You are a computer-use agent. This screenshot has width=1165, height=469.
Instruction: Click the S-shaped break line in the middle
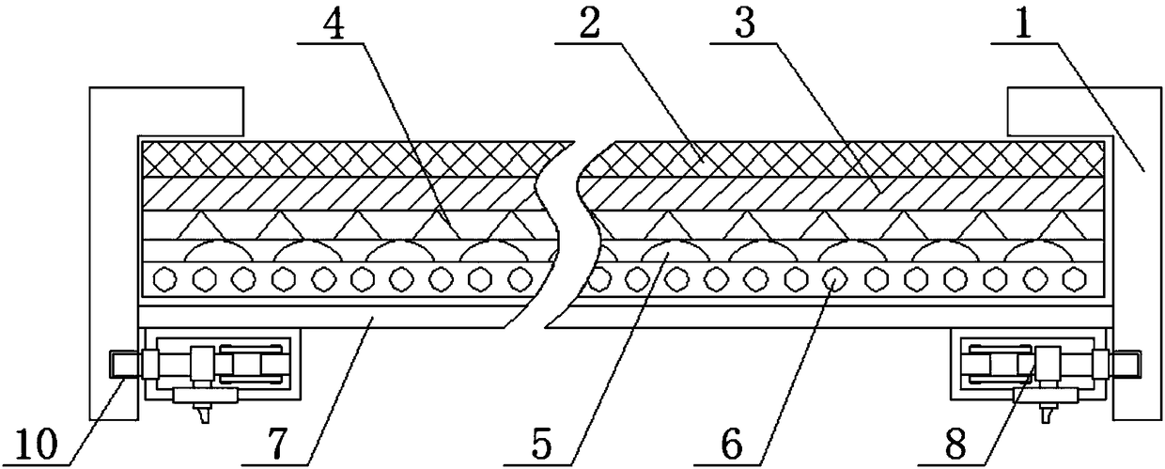(571, 235)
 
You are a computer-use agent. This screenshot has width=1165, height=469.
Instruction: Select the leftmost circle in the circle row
(165, 279)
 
